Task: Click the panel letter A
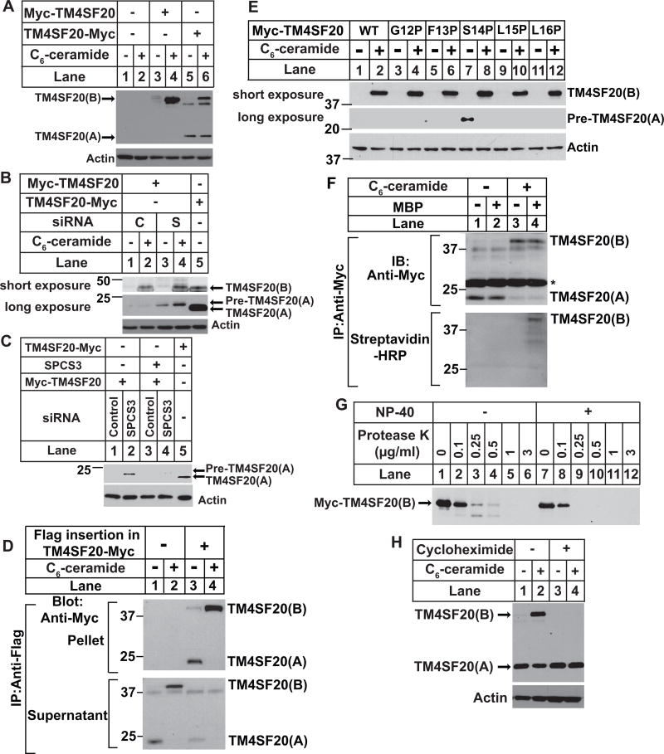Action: pos(8,10)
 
